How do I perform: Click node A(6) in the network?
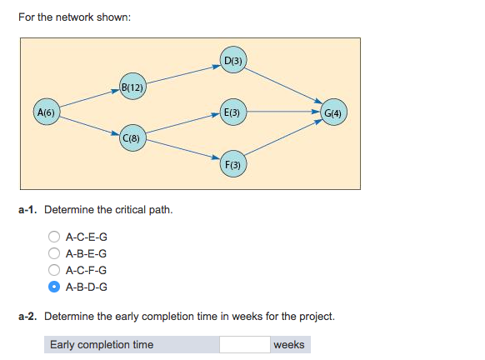click(46, 112)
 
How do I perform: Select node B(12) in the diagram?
click(133, 87)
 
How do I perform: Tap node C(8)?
click(133, 136)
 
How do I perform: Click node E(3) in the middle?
click(233, 112)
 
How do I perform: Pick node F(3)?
click(233, 164)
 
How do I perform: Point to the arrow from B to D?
click(183, 74)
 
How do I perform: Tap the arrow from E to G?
click(284, 112)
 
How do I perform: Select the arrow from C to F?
click(183, 150)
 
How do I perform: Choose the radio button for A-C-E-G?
click(54, 237)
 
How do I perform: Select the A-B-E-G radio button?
click(54, 254)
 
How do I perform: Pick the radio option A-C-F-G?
click(54, 270)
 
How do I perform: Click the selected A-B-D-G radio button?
click(54, 287)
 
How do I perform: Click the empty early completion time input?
click(244, 344)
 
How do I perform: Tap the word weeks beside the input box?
click(288, 344)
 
